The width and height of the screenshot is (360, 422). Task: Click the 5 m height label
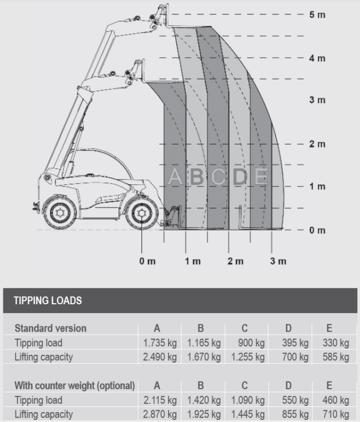317,14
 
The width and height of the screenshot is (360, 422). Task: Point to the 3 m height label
317,100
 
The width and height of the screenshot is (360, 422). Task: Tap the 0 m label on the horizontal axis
148,261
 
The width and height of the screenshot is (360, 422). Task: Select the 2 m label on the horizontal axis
236,261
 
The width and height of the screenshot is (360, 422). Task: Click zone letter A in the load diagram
175,177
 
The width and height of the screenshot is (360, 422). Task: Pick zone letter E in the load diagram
261,177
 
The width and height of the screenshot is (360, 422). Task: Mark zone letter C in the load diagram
219,177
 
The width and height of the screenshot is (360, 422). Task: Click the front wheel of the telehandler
141,213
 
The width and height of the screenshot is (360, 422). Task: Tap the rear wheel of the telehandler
59,213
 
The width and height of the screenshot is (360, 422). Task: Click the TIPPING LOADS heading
48,300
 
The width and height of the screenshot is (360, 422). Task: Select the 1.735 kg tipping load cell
160,343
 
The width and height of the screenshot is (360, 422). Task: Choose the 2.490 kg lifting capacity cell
160,357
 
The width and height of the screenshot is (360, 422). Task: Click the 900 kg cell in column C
251,343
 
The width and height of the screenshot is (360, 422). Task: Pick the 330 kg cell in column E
336,343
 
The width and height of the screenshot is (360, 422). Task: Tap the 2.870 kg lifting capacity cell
160,414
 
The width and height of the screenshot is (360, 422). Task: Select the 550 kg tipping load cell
295,400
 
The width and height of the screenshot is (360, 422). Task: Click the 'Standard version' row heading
50,328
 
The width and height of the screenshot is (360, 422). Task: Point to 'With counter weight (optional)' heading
74,386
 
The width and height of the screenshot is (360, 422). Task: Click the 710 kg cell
336,414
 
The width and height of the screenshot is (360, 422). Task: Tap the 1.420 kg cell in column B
204,400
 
